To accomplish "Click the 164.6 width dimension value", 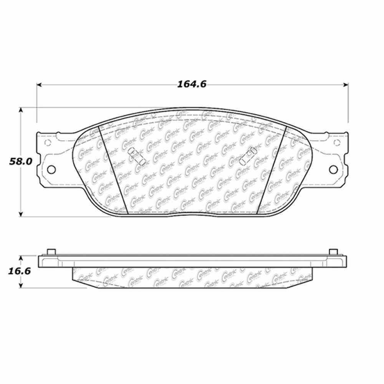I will (x=192, y=84).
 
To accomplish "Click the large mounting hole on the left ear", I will (x=51, y=169).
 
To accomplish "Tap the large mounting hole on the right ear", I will (x=334, y=169).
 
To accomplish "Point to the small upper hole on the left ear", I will (x=48, y=143).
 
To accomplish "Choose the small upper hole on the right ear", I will (x=337, y=143).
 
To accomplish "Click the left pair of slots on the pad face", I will (x=136, y=157).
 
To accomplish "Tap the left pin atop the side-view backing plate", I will (x=50, y=252).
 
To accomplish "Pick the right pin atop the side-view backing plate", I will (x=333, y=252).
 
